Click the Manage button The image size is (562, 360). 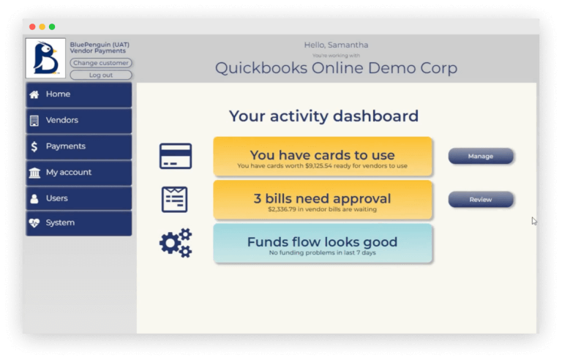(481, 157)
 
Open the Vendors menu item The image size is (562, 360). (79, 121)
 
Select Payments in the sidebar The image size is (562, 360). (79, 146)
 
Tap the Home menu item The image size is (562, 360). (79, 94)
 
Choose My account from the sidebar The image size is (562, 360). (79, 173)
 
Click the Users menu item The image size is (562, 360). (79, 198)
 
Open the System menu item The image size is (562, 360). (79, 223)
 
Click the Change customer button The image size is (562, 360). (101, 63)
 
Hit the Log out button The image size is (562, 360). (101, 75)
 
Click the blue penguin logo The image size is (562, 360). (45, 58)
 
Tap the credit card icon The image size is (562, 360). (176, 156)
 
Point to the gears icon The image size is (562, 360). (176, 243)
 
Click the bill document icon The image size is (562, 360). (175, 199)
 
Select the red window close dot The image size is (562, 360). (32, 27)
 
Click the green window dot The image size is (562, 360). (52, 27)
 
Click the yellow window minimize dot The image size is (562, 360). (42, 27)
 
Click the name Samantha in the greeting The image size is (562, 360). (348, 45)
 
